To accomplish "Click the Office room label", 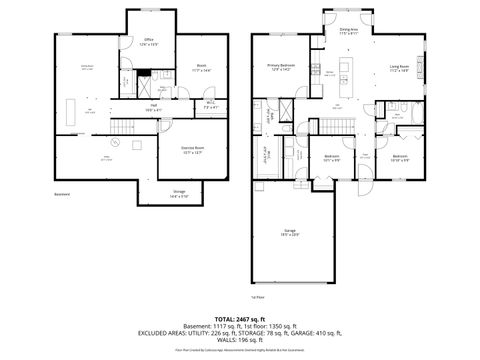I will (x=148, y=42).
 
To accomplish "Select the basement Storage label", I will (x=179, y=193).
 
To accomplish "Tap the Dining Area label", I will (x=349, y=32).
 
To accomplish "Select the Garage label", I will (x=289, y=232).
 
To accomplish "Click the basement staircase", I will (x=123, y=126).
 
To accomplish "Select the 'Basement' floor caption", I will (x=62, y=196).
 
